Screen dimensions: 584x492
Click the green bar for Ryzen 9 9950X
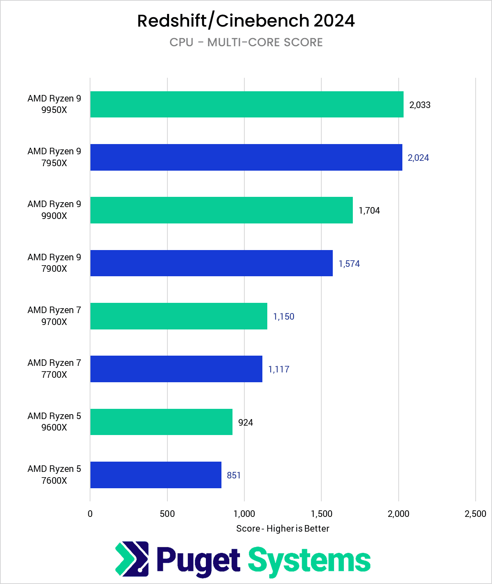click(247, 104)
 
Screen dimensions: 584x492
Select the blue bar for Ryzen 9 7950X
click(246, 157)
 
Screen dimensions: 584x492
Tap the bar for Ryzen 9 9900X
click(221, 210)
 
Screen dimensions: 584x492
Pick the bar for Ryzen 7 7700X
click(176, 369)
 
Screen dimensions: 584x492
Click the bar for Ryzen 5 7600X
click(156, 475)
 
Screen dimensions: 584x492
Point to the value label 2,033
click(420, 105)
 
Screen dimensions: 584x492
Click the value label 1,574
click(349, 264)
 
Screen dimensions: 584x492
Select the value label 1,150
click(283, 316)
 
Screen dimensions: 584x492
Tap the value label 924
click(245, 422)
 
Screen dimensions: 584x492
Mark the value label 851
click(234, 475)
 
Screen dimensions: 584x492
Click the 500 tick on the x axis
click(167, 514)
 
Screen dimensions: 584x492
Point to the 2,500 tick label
click(475, 514)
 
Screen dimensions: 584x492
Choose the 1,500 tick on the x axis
click(321, 514)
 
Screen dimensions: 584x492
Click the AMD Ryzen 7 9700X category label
click(54, 316)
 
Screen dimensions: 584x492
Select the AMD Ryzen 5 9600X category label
click(54, 422)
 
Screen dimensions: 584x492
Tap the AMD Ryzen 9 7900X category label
click(54, 263)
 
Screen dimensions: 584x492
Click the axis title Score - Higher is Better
click(282, 528)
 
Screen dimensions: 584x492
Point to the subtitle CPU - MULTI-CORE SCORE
click(246, 43)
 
